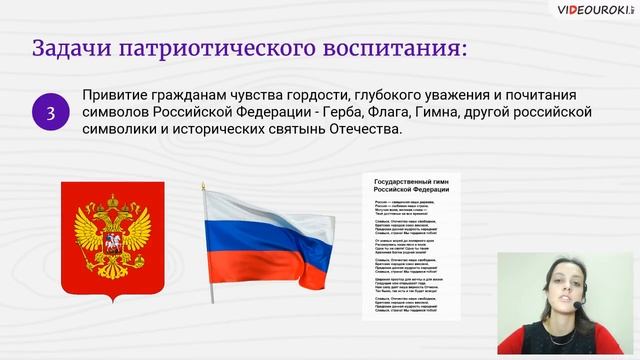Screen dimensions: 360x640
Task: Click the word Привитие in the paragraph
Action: point(115,95)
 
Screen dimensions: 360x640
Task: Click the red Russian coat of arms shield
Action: point(113,240)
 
